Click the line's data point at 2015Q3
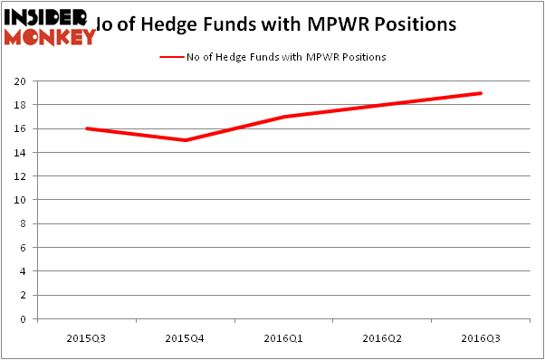[x=86, y=128]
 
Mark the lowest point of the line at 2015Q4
[x=185, y=140]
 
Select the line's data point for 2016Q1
[x=283, y=117]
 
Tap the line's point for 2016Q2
[x=382, y=105]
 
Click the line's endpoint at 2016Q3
[x=481, y=93]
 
